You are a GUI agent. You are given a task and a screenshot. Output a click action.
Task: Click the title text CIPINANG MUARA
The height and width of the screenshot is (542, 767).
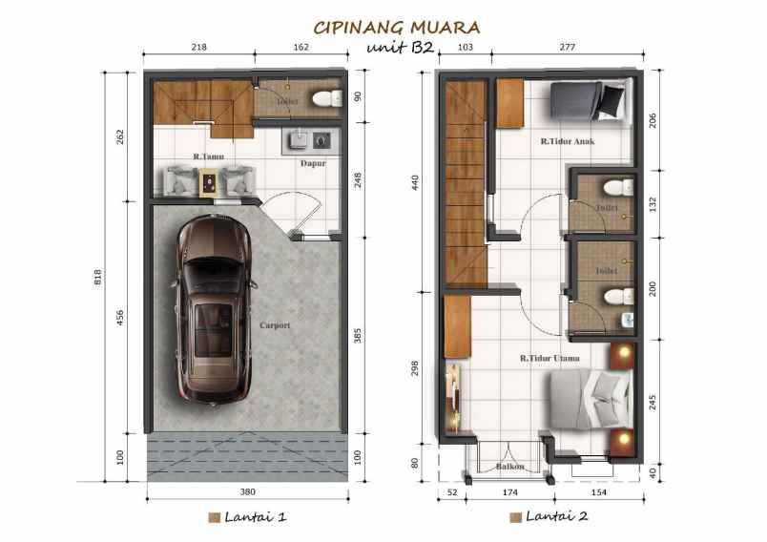tap(397, 28)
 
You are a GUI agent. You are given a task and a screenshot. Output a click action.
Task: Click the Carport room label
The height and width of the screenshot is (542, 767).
tap(275, 325)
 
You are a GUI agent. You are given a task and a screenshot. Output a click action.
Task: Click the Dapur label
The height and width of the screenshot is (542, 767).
tap(313, 163)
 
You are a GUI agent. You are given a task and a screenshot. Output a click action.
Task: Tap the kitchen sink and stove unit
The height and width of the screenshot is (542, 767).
tap(308, 140)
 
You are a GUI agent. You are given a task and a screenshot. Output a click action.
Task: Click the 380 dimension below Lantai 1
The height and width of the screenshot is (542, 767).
tap(246, 492)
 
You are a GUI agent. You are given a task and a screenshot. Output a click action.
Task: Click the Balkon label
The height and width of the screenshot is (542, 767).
tap(509, 467)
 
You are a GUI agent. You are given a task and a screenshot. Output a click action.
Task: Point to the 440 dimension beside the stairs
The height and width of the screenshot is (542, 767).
tap(416, 183)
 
